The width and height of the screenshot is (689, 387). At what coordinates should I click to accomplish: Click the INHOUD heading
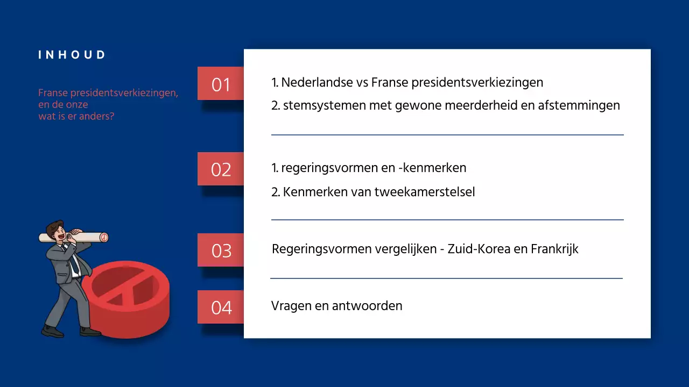[72, 55]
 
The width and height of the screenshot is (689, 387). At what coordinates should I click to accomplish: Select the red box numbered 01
[221, 84]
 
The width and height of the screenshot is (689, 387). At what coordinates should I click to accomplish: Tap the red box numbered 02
[221, 169]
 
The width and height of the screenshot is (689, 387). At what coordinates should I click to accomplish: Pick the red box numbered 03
[221, 250]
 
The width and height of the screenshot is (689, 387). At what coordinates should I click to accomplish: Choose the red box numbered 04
[221, 307]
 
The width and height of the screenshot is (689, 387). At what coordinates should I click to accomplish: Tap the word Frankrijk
[554, 249]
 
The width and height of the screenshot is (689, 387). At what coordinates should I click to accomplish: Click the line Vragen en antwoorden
[336, 306]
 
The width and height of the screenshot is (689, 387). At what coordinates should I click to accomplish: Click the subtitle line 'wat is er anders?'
[76, 116]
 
